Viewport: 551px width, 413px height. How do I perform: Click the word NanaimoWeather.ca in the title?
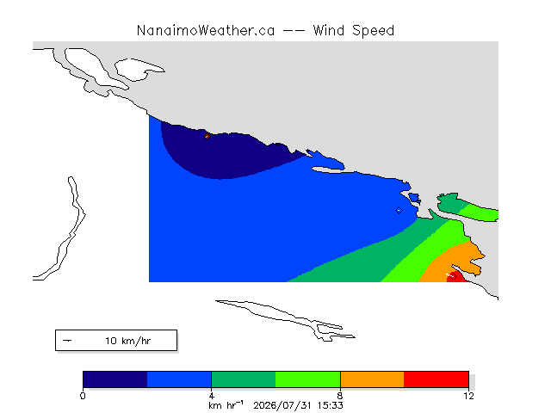[206, 31]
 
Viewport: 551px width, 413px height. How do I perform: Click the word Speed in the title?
[373, 31]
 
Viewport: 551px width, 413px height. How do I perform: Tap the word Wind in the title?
[329, 31]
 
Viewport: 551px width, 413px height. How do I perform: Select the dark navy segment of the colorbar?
[115, 379]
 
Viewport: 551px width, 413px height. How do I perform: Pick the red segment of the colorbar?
[436, 379]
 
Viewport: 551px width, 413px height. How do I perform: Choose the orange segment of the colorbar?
[372, 379]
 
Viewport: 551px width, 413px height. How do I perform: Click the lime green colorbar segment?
[308, 379]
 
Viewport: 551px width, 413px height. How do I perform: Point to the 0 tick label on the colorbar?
[83, 396]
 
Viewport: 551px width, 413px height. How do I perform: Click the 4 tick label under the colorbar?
[212, 396]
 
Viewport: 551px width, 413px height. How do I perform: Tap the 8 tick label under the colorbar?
[340, 396]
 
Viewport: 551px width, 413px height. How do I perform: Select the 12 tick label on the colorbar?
[468, 396]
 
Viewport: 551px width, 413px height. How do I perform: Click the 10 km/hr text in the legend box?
[128, 341]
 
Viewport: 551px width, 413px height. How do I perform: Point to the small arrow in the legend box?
[67, 341]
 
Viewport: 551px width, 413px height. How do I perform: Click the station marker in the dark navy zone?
[207, 136]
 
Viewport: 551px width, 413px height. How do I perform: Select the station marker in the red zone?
[454, 276]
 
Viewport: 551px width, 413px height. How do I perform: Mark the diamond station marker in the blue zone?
[399, 210]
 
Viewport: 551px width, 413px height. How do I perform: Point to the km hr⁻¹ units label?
[226, 405]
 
